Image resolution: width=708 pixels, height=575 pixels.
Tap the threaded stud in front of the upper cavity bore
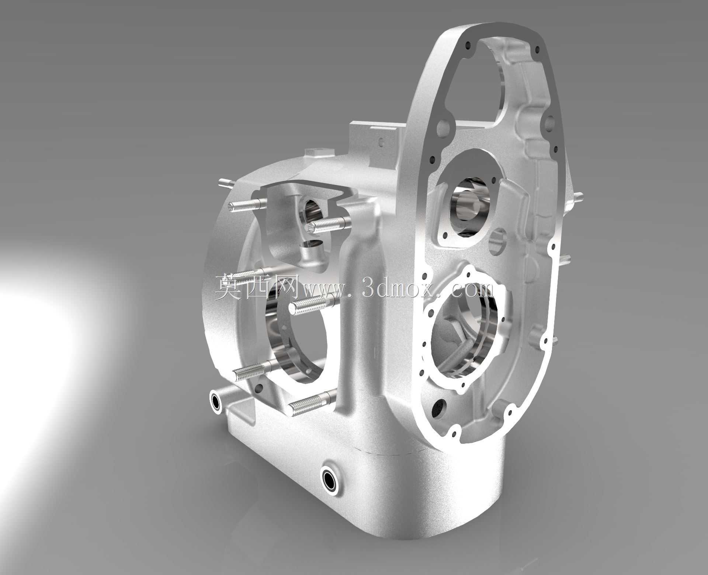[x=327, y=225]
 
